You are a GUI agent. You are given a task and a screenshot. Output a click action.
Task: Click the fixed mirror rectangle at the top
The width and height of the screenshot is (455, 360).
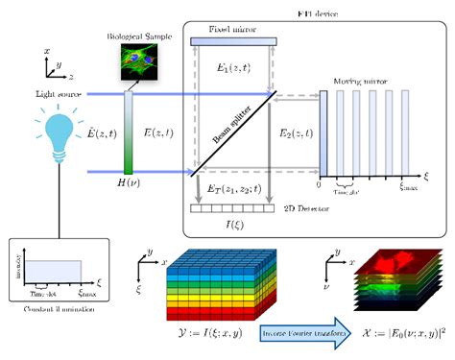point(235,40)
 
